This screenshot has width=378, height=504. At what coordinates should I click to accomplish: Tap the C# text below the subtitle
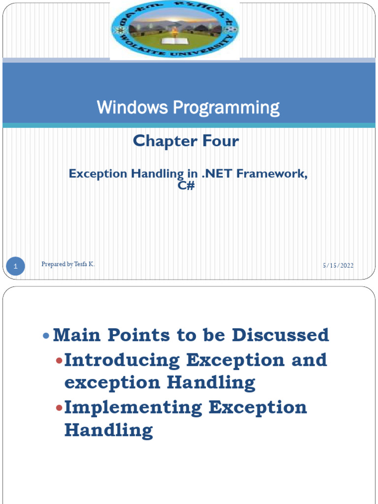coord(189,187)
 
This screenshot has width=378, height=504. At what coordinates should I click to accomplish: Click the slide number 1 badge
coord(16,267)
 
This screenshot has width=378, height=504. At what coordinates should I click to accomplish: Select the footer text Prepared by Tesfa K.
coord(68,264)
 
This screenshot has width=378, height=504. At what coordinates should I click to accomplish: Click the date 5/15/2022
coord(338,266)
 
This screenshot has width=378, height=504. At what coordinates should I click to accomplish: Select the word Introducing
coord(122,360)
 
